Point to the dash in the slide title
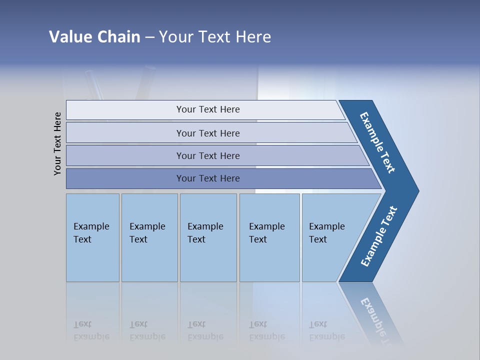tap(149, 37)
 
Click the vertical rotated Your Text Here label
tap(57, 143)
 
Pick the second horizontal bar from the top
tap(207, 133)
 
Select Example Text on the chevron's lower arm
tap(379, 236)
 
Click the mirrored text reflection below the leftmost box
tap(91, 330)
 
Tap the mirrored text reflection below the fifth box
tap(326, 330)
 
